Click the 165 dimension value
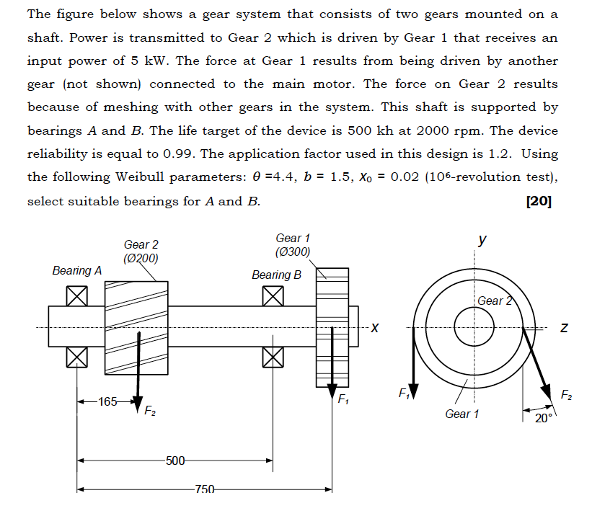point(107,401)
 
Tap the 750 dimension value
point(205,490)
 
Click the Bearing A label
point(76,270)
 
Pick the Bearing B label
point(276,275)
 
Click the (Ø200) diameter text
point(141,259)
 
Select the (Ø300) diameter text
point(293,252)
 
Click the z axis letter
point(565,329)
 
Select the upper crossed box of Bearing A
point(77,295)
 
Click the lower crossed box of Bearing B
point(272,356)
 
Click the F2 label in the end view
point(568,393)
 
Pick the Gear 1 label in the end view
point(461,414)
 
